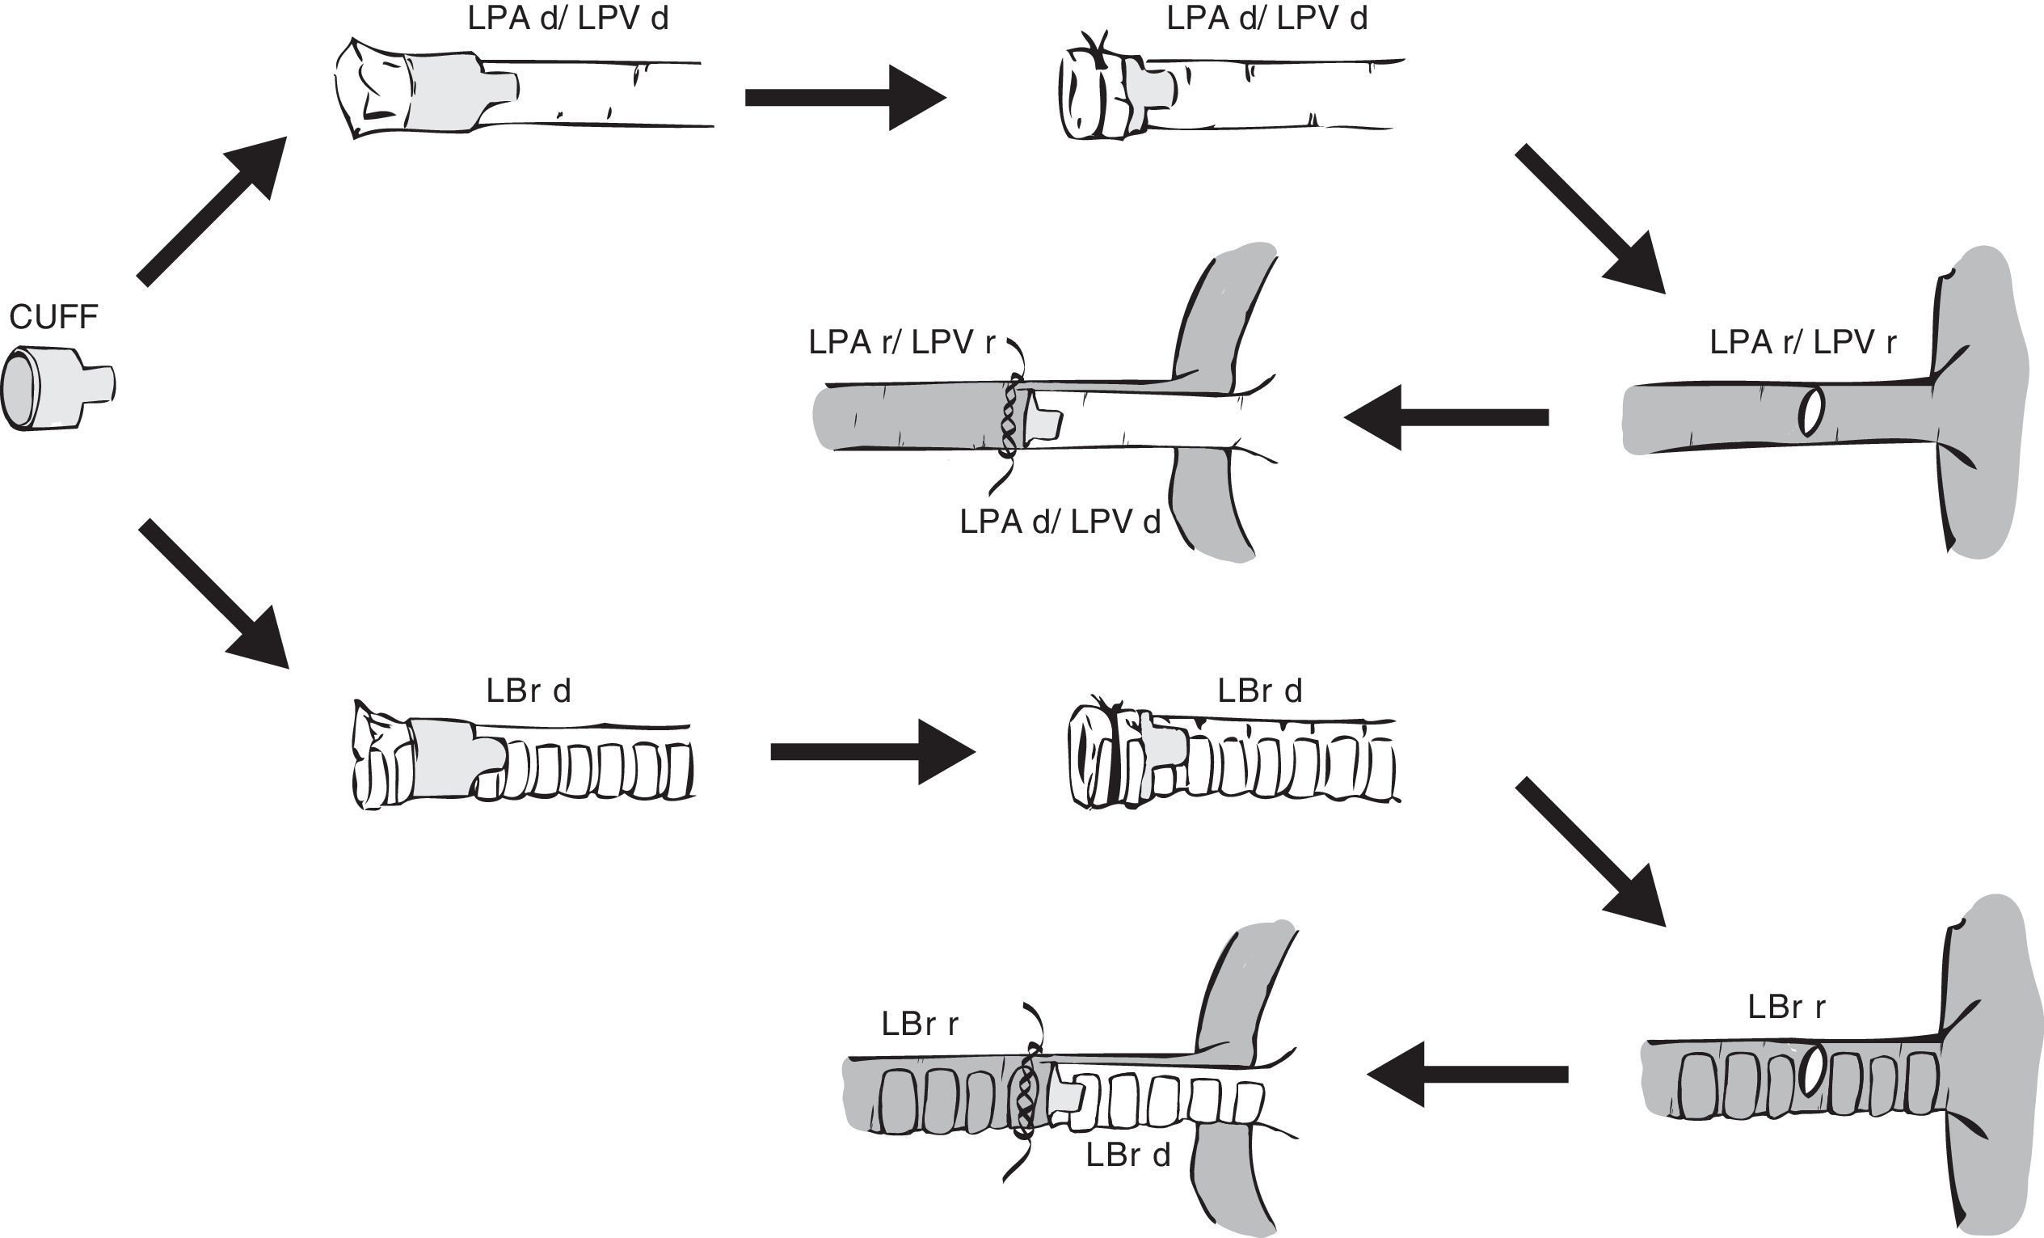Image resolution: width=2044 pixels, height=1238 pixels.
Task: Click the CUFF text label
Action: coord(53,317)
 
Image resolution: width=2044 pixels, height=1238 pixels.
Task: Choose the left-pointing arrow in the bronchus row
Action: coord(1468,1075)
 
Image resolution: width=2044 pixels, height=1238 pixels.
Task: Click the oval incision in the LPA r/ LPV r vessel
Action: coord(1812,412)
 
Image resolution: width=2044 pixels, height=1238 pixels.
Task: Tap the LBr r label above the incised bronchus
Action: coord(1786,1007)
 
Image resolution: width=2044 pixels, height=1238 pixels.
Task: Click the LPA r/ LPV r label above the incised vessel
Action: coord(1802,342)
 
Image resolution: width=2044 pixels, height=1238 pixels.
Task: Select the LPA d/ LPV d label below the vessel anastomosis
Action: coord(1060,522)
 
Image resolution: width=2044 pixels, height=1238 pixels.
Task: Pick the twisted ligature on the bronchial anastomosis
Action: coord(1027,1091)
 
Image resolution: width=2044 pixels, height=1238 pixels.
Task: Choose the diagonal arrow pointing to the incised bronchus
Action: coord(1589,851)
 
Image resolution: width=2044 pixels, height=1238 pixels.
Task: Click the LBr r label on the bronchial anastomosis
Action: coord(919,1024)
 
